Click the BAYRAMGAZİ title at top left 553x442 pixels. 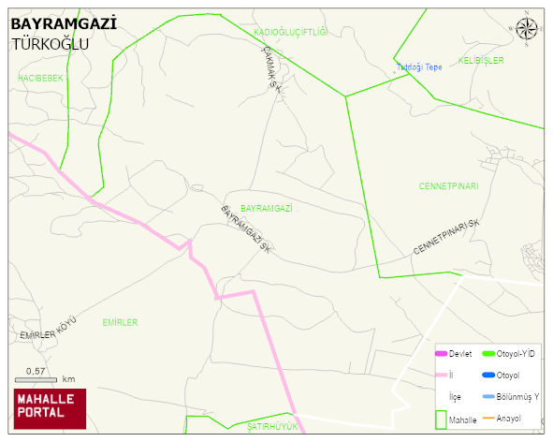point(64,23)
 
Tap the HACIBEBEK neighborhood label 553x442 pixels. point(40,79)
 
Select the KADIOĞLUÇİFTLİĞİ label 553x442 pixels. point(291,33)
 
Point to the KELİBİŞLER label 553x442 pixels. point(481,61)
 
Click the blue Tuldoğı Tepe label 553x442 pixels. point(419,67)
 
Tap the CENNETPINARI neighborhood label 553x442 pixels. point(449,186)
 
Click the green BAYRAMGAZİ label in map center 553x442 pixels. point(267,208)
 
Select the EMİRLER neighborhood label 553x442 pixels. point(120,323)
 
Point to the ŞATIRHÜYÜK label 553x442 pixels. point(271,426)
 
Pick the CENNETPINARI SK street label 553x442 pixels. point(445,238)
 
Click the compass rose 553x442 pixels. point(527,28)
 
